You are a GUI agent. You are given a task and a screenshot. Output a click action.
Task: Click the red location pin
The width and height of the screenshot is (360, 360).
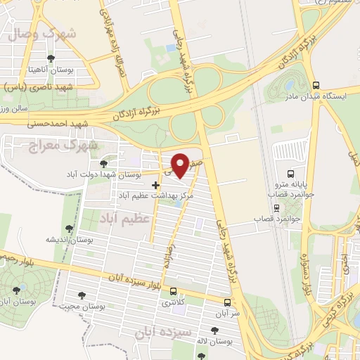(181, 165)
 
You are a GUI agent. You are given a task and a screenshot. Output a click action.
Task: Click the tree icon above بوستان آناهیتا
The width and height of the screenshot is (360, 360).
(50, 59)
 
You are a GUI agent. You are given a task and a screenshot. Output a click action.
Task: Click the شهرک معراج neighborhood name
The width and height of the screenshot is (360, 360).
(44, 145)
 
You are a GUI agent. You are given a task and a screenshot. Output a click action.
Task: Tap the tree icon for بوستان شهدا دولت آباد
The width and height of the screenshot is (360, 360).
(104, 163)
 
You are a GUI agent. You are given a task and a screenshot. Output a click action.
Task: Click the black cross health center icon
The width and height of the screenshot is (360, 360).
(155, 184)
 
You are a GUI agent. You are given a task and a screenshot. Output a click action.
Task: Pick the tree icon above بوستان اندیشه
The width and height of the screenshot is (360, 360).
(68, 229)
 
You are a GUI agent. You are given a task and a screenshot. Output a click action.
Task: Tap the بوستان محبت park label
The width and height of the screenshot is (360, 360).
(82, 306)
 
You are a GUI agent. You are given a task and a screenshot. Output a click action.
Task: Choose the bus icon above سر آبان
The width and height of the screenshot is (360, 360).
(227, 302)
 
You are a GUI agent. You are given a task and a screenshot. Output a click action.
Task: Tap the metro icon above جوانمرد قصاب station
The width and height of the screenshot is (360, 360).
(276, 208)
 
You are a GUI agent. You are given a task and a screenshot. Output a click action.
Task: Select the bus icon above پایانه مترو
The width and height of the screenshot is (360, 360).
(291, 174)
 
